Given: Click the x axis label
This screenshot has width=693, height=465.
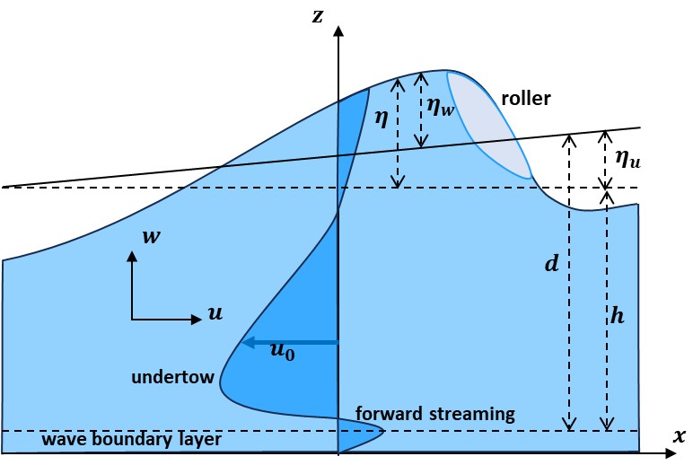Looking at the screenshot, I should click(679, 435).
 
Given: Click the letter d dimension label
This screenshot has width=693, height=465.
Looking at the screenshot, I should click(551, 264).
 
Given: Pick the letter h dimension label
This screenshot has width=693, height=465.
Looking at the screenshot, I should click(617, 316).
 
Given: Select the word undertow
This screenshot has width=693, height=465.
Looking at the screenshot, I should click(172, 377).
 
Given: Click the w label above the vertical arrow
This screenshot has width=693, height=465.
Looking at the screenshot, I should click(152, 237).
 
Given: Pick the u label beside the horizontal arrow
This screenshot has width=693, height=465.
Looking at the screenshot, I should click(215, 312).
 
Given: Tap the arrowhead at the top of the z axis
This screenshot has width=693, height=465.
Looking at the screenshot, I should click(338, 32).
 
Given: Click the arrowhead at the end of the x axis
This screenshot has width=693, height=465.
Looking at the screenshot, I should click(671, 455).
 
